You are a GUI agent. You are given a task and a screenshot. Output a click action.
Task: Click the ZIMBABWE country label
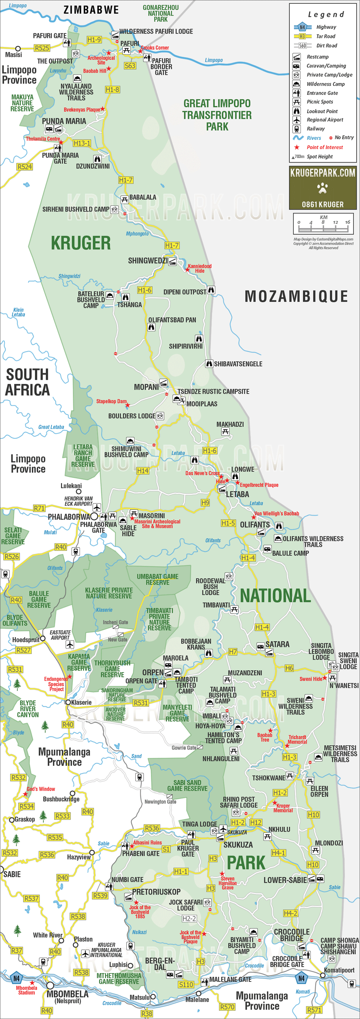(x=91, y=10)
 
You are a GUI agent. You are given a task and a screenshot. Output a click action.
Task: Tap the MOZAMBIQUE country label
(x=296, y=296)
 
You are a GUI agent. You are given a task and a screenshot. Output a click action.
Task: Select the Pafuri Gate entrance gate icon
(x=67, y=43)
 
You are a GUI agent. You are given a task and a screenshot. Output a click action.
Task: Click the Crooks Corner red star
(x=140, y=51)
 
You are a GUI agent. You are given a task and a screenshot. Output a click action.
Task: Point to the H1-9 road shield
(x=94, y=39)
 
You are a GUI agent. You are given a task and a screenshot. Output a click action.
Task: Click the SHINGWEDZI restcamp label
(x=147, y=261)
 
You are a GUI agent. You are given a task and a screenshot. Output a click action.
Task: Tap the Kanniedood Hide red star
(x=188, y=270)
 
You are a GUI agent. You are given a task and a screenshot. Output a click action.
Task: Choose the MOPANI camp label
(x=146, y=387)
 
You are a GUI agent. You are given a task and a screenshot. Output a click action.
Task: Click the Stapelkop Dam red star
(x=127, y=406)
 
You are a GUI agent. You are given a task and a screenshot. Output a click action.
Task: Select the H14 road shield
(x=142, y=471)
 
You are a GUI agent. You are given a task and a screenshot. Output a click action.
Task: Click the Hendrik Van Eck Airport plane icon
(x=97, y=507)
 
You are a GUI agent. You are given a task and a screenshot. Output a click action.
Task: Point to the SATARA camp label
(x=277, y=644)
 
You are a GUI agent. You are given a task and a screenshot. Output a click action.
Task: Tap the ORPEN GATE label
(x=141, y=681)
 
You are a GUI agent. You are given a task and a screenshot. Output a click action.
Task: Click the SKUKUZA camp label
(x=238, y=845)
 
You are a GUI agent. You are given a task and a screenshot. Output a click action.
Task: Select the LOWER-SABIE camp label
(x=285, y=880)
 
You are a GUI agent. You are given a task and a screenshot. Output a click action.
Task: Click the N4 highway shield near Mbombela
(x=16, y=978)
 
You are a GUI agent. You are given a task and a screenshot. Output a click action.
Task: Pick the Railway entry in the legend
(x=315, y=129)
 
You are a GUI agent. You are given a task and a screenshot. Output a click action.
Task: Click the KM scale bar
(x=323, y=224)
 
